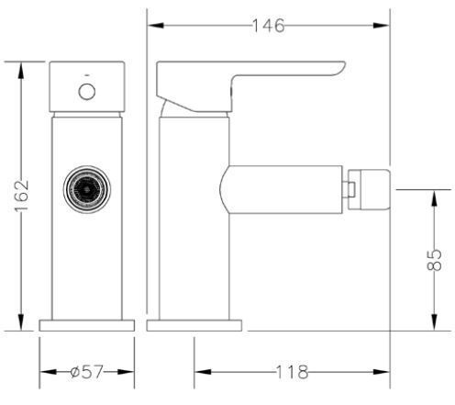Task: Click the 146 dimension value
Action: coord(269,26)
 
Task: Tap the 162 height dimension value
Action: coord(22,196)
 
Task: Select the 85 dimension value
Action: coord(434,260)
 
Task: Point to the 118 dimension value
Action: coord(292,372)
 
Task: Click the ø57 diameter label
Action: coord(87,372)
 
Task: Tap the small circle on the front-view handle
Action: coord(87,92)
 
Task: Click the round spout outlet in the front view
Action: coord(87,189)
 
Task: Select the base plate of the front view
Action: coord(87,325)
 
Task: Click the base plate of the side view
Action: coord(194,325)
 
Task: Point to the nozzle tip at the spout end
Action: coord(370,189)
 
